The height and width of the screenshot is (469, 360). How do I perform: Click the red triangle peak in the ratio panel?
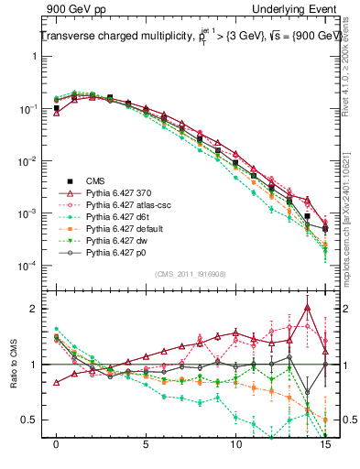(x=307, y=307)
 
